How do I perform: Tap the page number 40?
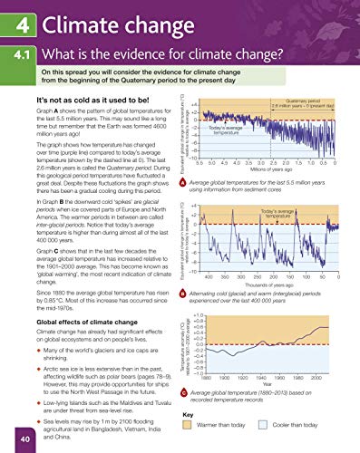[17, 439]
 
